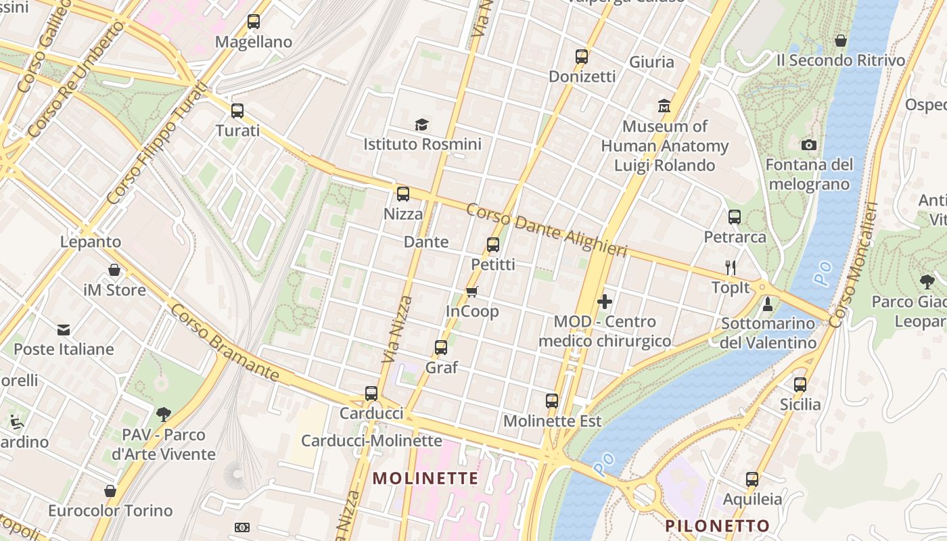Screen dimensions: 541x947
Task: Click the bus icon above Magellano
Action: (254, 22)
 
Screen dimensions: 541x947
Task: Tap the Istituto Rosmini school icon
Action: (422, 124)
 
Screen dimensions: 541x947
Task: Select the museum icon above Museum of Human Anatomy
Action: (664, 106)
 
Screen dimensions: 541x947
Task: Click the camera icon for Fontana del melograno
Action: (808, 145)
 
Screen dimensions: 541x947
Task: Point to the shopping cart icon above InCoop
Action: (472, 291)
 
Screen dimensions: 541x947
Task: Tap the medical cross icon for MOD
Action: (605, 302)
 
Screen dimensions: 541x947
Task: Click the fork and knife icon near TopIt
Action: (730, 268)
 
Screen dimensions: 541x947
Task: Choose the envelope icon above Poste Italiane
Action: (64, 329)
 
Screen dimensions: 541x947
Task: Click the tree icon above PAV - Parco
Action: (163, 414)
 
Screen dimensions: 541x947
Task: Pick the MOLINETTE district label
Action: (425, 479)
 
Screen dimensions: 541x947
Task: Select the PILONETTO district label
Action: (717, 525)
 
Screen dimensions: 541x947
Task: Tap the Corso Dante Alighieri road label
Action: (547, 230)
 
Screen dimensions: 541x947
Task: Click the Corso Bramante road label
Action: (224, 342)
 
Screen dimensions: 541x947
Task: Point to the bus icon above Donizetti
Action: (582, 57)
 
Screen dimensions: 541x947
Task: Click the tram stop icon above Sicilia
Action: (800, 385)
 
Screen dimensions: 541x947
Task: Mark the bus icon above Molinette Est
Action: (552, 401)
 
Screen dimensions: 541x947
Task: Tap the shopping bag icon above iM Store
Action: (114, 270)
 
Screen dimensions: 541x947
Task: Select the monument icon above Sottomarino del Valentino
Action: (767, 304)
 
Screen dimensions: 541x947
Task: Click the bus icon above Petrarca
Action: (735, 217)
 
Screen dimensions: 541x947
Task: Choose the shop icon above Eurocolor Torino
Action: (110, 491)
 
